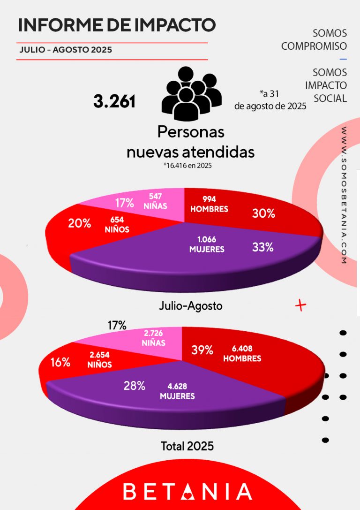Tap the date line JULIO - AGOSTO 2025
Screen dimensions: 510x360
[66, 50]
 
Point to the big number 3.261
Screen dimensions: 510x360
[114, 101]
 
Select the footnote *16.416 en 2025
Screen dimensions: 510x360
[184, 165]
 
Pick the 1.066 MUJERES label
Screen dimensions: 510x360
[207, 245]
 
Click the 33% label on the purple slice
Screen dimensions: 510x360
[262, 247]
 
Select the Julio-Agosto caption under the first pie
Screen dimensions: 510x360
[190, 306]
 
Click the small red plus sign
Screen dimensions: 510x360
[300, 306]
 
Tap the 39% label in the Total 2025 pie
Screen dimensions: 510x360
[202, 350]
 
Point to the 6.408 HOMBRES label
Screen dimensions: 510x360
[242, 353]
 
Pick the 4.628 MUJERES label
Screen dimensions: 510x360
[177, 391]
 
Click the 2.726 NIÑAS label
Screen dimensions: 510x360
[153, 338]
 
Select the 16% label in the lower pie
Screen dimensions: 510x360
[61, 362]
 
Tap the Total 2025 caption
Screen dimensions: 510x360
[187, 446]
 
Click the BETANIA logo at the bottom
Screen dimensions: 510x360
[187, 491]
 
